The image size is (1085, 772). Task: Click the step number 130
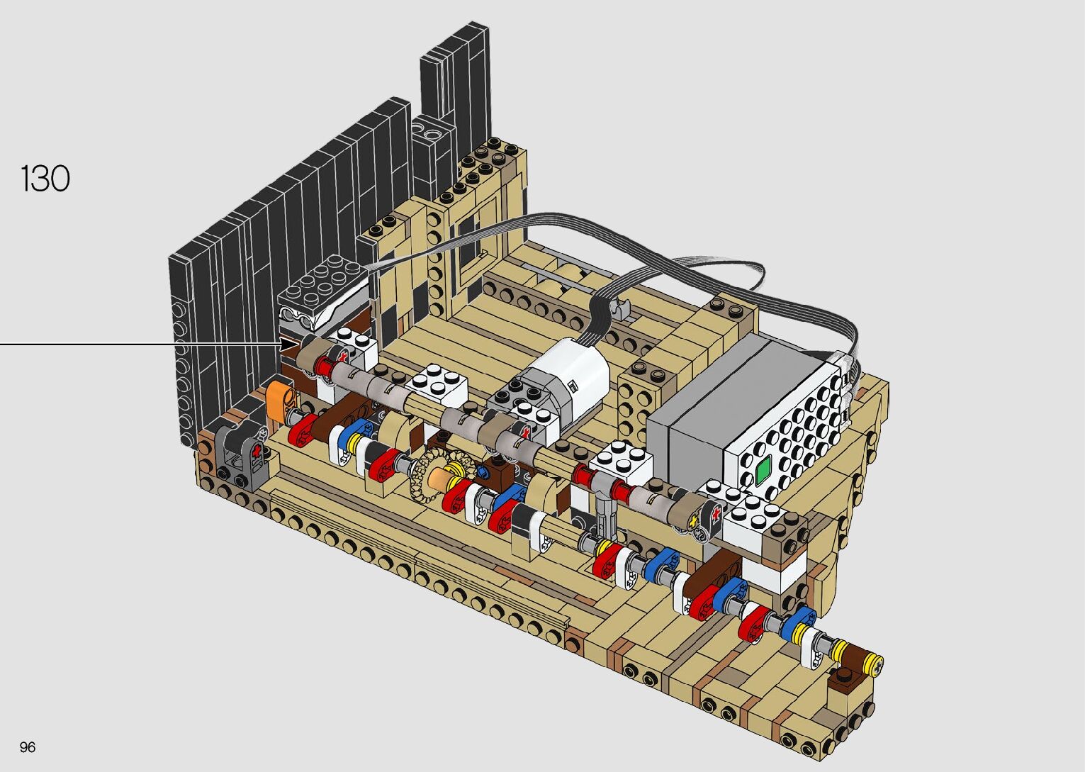pos(45,179)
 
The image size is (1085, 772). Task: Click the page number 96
pos(28,746)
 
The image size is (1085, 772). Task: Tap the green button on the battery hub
pos(763,468)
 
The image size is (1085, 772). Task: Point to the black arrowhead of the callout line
pos(290,345)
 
